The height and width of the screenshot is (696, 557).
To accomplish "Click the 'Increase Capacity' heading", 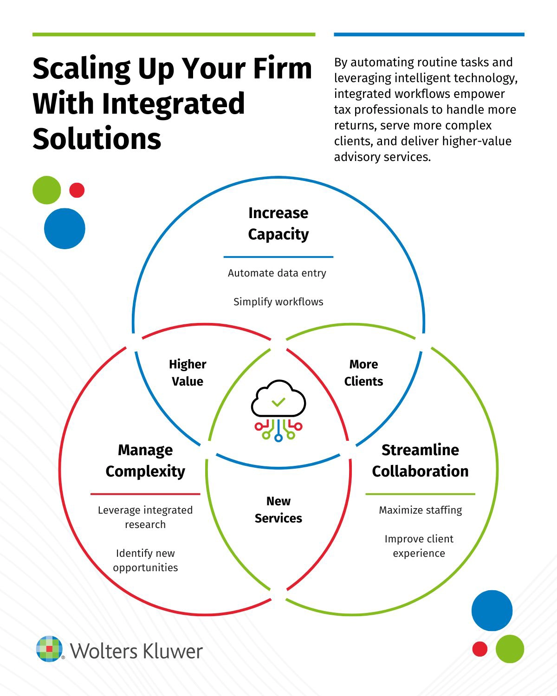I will pyautogui.click(x=278, y=223).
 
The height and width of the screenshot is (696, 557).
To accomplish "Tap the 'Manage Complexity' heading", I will pyautogui.click(x=145, y=460).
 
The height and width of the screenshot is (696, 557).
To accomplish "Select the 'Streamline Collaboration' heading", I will pyautogui.click(x=420, y=460).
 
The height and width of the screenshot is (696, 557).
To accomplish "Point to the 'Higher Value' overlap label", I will pyautogui.click(x=188, y=373).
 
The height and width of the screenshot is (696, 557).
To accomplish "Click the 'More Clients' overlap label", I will pyautogui.click(x=363, y=373).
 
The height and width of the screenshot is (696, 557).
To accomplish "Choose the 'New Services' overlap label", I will pyautogui.click(x=278, y=509).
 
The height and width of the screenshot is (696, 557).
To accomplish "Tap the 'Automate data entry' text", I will pyautogui.click(x=277, y=273).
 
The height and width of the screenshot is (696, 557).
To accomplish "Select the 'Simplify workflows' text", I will pyautogui.click(x=278, y=302).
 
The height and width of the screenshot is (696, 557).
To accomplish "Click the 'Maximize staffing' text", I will pyautogui.click(x=421, y=510).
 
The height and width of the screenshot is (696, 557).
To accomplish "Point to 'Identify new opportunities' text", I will pyautogui.click(x=145, y=560).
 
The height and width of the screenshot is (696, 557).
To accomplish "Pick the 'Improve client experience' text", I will pyautogui.click(x=419, y=546).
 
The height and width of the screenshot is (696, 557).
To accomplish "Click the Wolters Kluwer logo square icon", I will pyautogui.click(x=49, y=649).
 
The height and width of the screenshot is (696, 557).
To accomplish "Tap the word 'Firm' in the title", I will pyautogui.click(x=283, y=69).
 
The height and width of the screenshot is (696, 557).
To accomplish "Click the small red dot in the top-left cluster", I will pyautogui.click(x=77, y=190).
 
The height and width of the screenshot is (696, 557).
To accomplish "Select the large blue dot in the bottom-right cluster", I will pyautogui.click(x=492, y=611).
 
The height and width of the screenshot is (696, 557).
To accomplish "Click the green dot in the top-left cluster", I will pyautogui.click(x=47, y=190).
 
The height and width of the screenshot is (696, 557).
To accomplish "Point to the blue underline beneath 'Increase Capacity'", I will pyautogui.click(x=278, y=257).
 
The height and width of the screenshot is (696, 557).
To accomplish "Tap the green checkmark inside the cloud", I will pyautogui.click(x=278, y=401).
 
